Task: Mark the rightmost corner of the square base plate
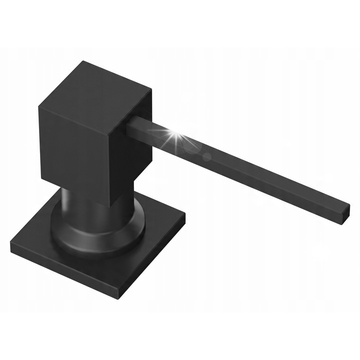click(184, 216)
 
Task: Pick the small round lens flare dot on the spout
click(206, 156)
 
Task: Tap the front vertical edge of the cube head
click(110, 160)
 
